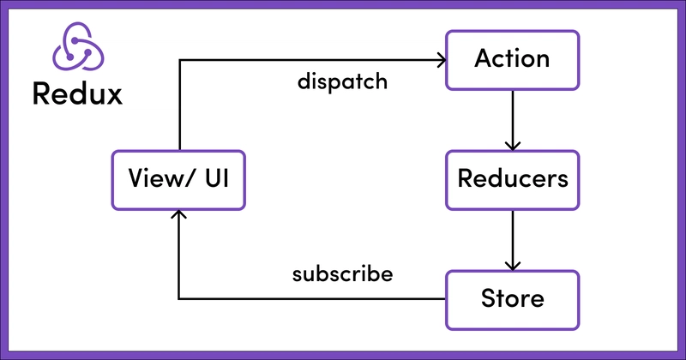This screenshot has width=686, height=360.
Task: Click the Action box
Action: (x=512, y=59)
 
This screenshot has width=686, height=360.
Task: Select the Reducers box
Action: (x=512, y=180)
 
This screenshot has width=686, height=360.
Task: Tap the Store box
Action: (x=512, y=299)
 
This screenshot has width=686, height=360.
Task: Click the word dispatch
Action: (x=343, y=83)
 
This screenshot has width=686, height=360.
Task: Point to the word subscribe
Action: (x=342, y=275)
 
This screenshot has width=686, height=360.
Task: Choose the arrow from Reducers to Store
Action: (x=512, y=239)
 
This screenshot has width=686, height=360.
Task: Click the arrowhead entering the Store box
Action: (x=512, y=266)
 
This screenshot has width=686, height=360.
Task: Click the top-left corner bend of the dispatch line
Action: (x=178, y=60)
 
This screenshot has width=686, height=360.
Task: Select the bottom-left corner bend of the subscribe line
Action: (x=178, y=299)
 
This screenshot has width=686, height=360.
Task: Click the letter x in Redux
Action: (x=112, y=94)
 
